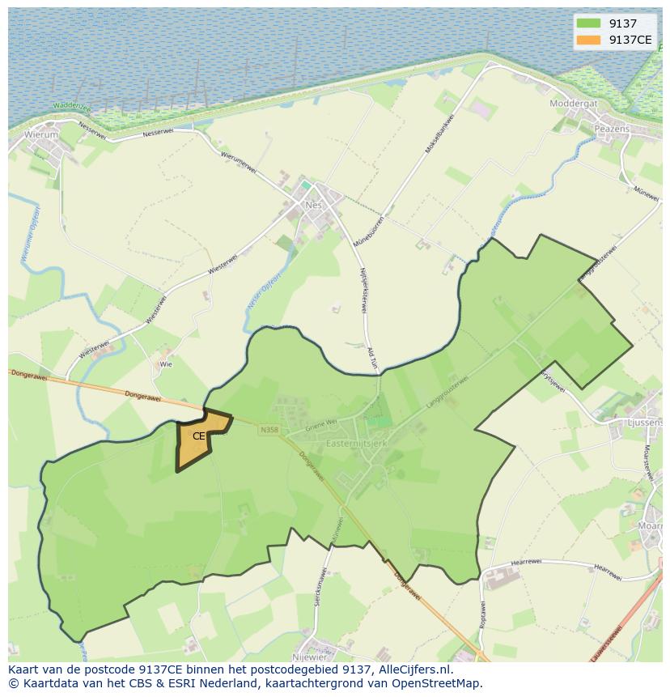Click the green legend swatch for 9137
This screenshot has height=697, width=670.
(588, 23)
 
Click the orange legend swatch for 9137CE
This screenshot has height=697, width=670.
(588, 40)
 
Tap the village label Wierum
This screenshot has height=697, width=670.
(41, 134)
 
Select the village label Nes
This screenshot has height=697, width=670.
(314, 205)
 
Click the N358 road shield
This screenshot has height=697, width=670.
(269, 430)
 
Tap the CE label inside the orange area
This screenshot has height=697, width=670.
(199, 436)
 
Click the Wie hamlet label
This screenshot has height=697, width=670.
(166, 364)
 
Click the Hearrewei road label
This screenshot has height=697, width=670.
(530, 563)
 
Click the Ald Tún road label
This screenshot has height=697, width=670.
(373, 358)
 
